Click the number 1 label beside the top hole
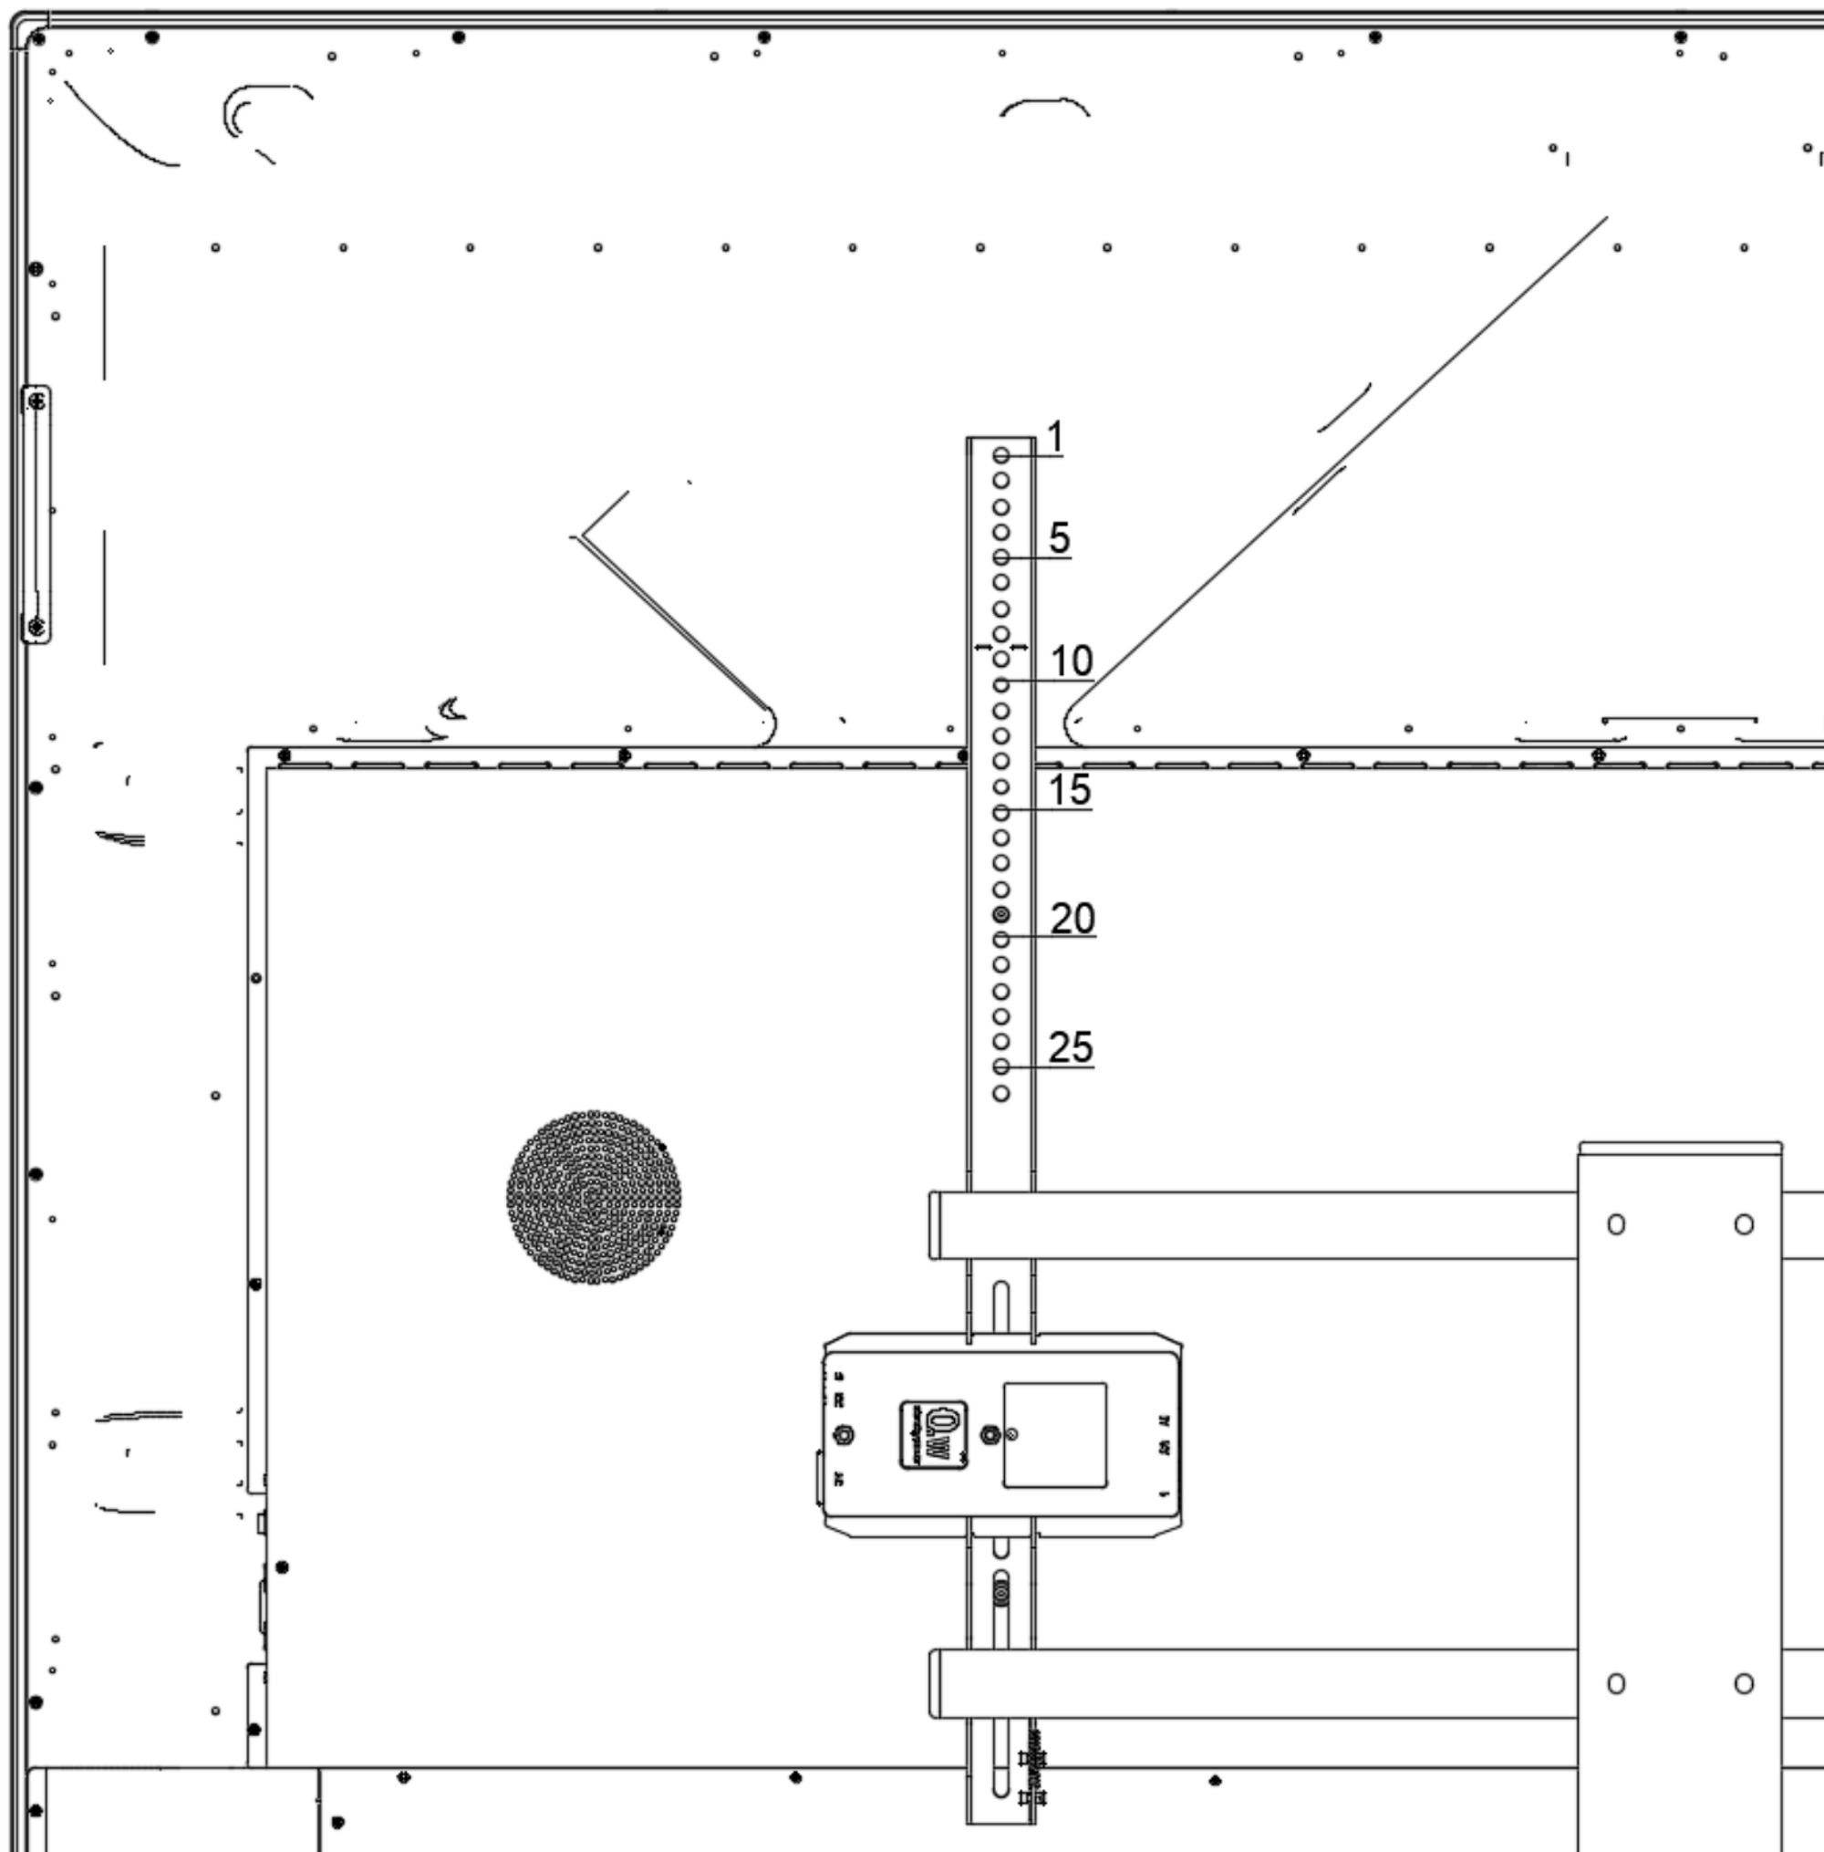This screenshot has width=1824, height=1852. click(x=1055, y=437)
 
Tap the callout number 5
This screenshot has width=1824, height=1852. click(x=1059, y=537)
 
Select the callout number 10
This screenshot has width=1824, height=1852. click(x=1071, y=661)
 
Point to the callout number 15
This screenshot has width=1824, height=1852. click(x=1069, y=789)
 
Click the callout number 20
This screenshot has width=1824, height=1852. click(x=1072, y=918)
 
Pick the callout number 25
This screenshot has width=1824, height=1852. click(x=1070, y=1047)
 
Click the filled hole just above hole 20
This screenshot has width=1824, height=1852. click(x=1001, y=914)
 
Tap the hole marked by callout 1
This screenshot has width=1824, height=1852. click(x=1001, y=455)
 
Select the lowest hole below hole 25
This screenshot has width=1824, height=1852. click(x=1001, y=1093)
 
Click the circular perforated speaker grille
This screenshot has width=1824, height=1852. click(x=594, y=1197)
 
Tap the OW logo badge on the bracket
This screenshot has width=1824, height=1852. click(x=933, y=1434)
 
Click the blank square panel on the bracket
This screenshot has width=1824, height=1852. click(x=1055, y=1434)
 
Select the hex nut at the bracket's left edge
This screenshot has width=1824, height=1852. click(x=845, y=1435)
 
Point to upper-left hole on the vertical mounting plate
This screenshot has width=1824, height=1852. click(x=1615, y=1224)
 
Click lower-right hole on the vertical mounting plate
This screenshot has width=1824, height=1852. click(x=1744, y=1683)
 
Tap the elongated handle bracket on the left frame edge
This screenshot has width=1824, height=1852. click(x=36, y=515)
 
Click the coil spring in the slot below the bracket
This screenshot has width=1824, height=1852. click(x=1001, y=1593)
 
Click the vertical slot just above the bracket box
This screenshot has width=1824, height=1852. click(x=1001, y=1306)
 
